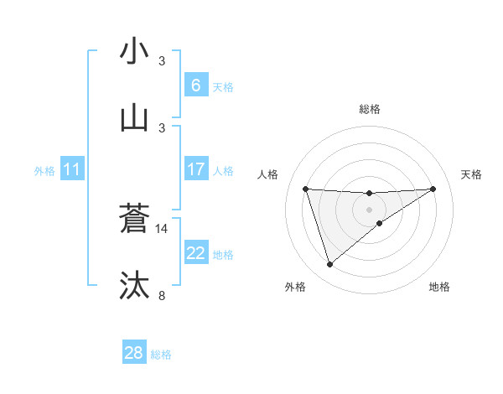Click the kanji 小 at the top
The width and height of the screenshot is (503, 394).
(134, 51)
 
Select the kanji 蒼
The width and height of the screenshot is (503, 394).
(134, 219)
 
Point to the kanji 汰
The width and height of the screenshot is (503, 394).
(134, 285)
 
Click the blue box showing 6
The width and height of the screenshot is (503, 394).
(196, 86)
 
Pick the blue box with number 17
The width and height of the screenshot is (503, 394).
(196, 170)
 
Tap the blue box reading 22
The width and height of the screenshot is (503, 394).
(196, 254)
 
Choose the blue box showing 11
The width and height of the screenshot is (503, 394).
(72, 170)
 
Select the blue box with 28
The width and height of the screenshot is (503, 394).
(134, 354)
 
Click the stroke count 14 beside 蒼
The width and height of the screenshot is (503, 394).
(162, 228)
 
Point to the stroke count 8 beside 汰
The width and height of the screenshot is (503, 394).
(162, 295)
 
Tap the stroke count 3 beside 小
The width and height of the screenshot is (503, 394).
(162, 60)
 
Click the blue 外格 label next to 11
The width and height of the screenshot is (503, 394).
(44, 171)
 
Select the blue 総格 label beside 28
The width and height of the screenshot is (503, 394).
(161, 355)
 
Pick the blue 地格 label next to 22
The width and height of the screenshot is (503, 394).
(223, 255)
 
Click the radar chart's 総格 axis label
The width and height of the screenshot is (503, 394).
(369, 109)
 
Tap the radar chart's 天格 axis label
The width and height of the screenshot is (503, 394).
(471, 174)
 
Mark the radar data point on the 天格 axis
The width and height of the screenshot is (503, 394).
(433, 189)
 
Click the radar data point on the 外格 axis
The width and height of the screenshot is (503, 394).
(329, 265)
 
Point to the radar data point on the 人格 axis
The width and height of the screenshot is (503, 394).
(305, 189)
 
